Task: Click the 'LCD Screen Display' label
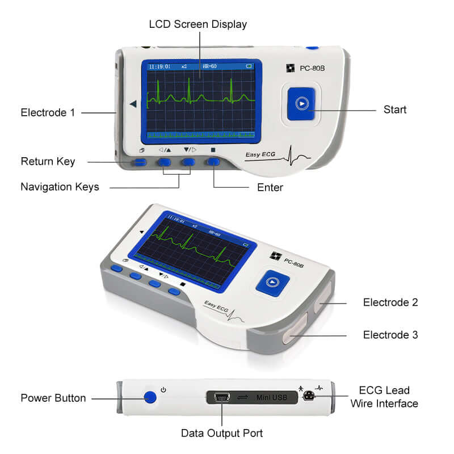[198, 24]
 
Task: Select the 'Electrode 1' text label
[48, 112]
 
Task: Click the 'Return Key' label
[48, 162]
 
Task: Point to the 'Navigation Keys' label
[60, 187]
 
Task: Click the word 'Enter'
[270, 187]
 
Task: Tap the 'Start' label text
[395, 110]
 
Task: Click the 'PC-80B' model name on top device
[315, 68]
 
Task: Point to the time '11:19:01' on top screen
[158, 66]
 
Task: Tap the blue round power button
[150, 397]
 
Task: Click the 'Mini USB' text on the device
[271, 398]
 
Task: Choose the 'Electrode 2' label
[390, 302]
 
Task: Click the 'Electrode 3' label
[390, 335]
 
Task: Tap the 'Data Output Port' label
[222, 433]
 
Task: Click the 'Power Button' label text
[53, 398]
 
